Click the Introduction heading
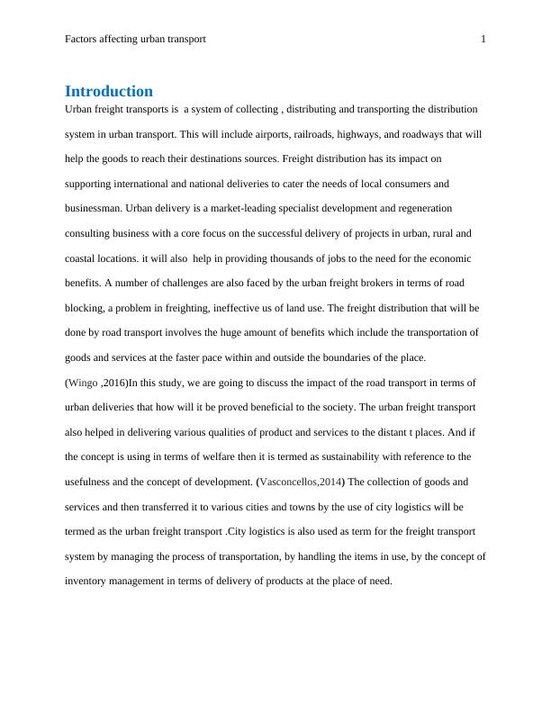pyautogui.click(x=109, y=91)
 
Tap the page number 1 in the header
pyautogui.click(x=483, y=40)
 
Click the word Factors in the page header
pyautogui.click(x=83, y=40)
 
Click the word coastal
pyautogui.click(x=81, y=258)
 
